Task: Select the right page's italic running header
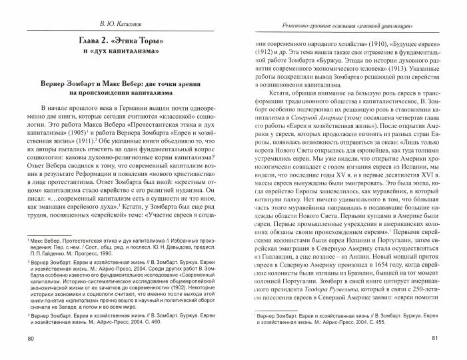pos(345,25)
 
